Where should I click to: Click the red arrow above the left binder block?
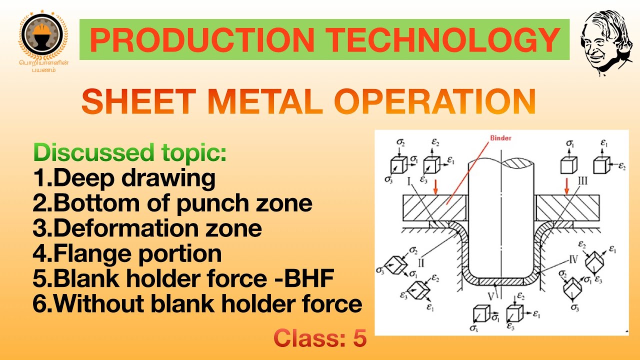coord(435,186)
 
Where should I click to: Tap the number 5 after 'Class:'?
coord(359,339)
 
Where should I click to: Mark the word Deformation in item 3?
coord(124,228)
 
